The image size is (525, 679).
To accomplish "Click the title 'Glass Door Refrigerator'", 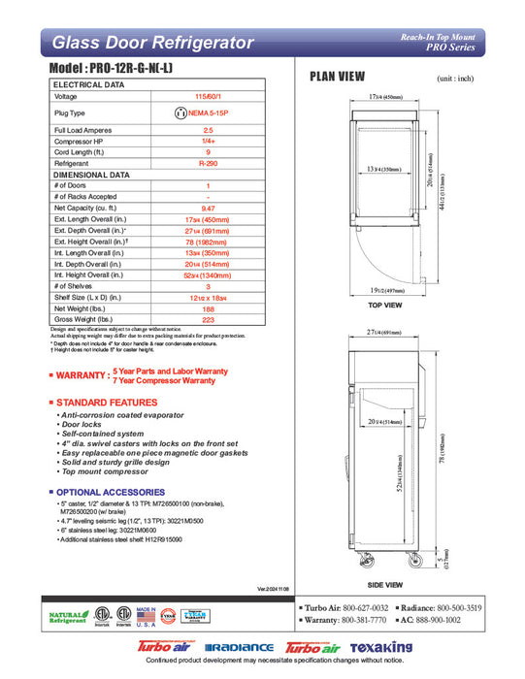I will pyautogui.click(x=152, y=43).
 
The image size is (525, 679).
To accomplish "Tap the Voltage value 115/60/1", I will pyautogui.click(x=208, y=97).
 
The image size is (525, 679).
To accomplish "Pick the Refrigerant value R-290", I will pyautogui.click(x=208, y=165).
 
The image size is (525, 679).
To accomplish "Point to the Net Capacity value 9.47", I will pyautogui.click(x=208, y=208).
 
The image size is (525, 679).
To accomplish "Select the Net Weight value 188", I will pyautogui.click(x=208, y=308).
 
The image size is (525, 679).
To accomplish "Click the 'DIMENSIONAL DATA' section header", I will pyautogui.click(x=90, y=175).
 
